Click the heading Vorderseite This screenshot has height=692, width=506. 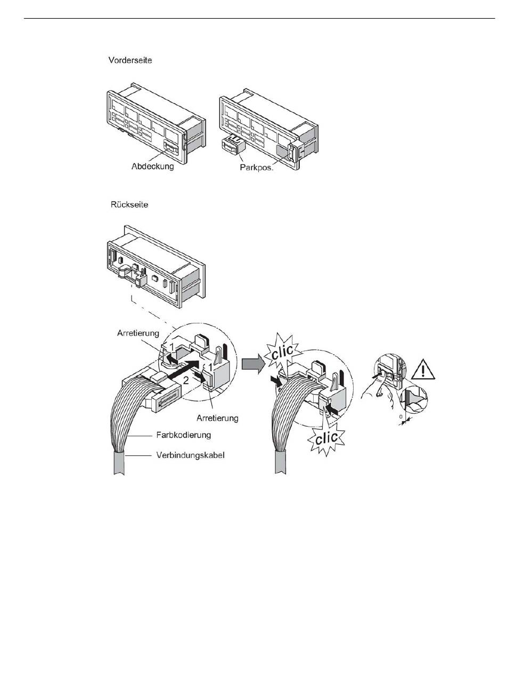click(x=130, y=60)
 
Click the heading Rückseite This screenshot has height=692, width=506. click(x=129, y=204)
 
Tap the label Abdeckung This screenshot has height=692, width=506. click(x=153, y=166)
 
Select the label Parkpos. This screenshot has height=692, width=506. click(x=257, y=168)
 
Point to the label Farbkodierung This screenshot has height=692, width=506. click(x=184, y=435)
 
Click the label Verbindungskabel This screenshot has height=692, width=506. click(x=190, y=455)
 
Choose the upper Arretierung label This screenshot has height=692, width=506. click(x=138, y=334)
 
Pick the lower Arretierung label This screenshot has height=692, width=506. click(x=217, y=418)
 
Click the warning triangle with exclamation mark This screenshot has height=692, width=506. click(x=423, y=370)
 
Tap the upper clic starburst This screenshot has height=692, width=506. click(x=282, y=350)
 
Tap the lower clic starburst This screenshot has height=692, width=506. click(x=325, y=438)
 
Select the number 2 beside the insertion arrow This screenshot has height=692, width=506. click(x=185, y=380)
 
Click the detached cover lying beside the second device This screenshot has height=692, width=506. click(x=233, y=145)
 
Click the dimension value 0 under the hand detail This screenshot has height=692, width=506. click(x=401, y=417)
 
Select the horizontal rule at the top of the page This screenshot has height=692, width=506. click(x=259, y=18)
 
